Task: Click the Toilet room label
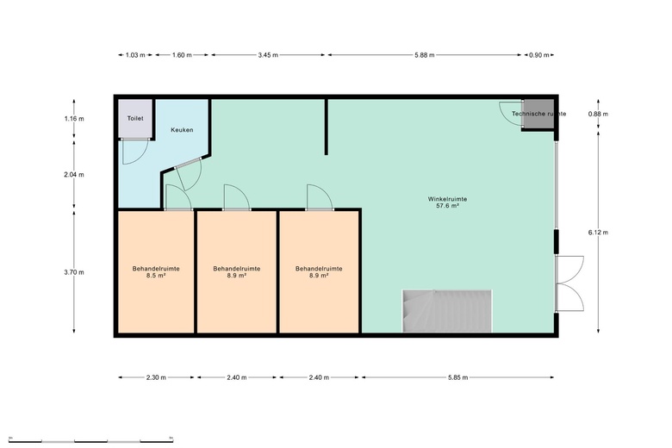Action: click(135, 118)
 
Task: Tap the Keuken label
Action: click(182, 130)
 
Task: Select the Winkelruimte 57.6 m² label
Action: click(447, 202)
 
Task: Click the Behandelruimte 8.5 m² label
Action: click(155, 272)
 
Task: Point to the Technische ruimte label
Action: click(538, 114)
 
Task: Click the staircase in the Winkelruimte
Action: click(446, 310)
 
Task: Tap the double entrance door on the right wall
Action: click(569, 282)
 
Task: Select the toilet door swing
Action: click(134, 152)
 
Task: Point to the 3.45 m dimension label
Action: click(267, 54)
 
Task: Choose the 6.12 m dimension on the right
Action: click(598, 232)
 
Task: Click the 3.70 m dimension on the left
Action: click(75, 272)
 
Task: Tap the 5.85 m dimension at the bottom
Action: click(458, 377)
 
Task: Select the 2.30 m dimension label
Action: click(156, 377)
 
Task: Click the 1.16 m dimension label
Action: click(75, 118)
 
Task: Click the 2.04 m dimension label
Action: click(75, 174)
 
